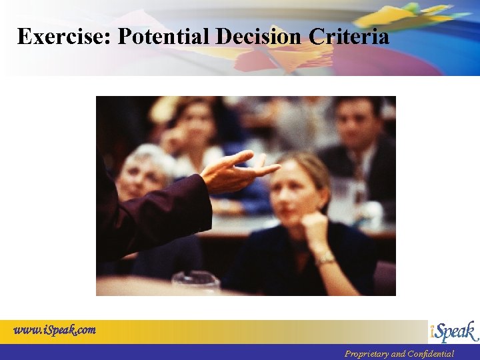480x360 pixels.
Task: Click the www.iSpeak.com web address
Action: (55, 330)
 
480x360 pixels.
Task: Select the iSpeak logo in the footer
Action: (453, 331)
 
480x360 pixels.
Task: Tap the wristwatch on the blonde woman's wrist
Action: (325, 259)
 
